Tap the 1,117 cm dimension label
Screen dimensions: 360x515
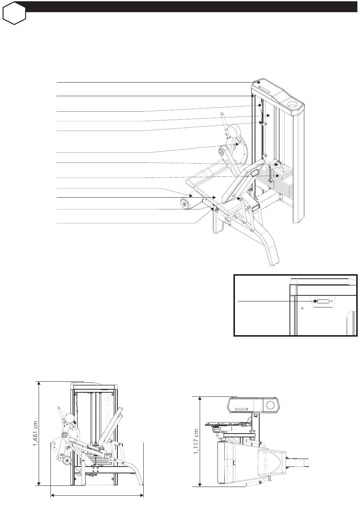(x=196, y=442)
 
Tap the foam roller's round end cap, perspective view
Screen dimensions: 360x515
(x=184, y=204)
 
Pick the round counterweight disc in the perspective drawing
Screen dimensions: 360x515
(x=234, y=131)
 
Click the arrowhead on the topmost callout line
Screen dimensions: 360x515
(x=259, y=82)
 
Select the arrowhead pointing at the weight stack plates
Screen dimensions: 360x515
(x=279, y=175)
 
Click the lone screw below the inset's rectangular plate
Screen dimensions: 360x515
(x=302, y=308)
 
